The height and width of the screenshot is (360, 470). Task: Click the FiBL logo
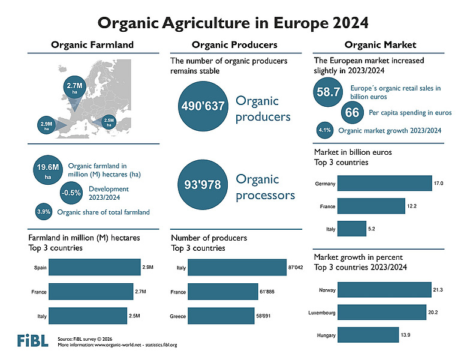pyautogui.click(x=32, y=340)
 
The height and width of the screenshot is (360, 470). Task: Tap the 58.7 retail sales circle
pyautogui.click(x=328, y=92)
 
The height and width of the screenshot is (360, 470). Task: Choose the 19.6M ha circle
pyautogui.click(x=46, y=170)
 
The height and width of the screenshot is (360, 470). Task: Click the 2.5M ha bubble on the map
pyautogui.click(x=109, y=122)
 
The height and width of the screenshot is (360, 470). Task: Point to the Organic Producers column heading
pyautogui.click(x=234, y=45)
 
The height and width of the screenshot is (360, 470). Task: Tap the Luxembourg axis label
pyautogui.click(x=321, y=313)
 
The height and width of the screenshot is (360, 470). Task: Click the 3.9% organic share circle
pyautogui.click(x=44, y=212)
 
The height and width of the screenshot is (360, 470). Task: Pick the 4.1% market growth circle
pyautogui.click(x=324, y=130)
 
